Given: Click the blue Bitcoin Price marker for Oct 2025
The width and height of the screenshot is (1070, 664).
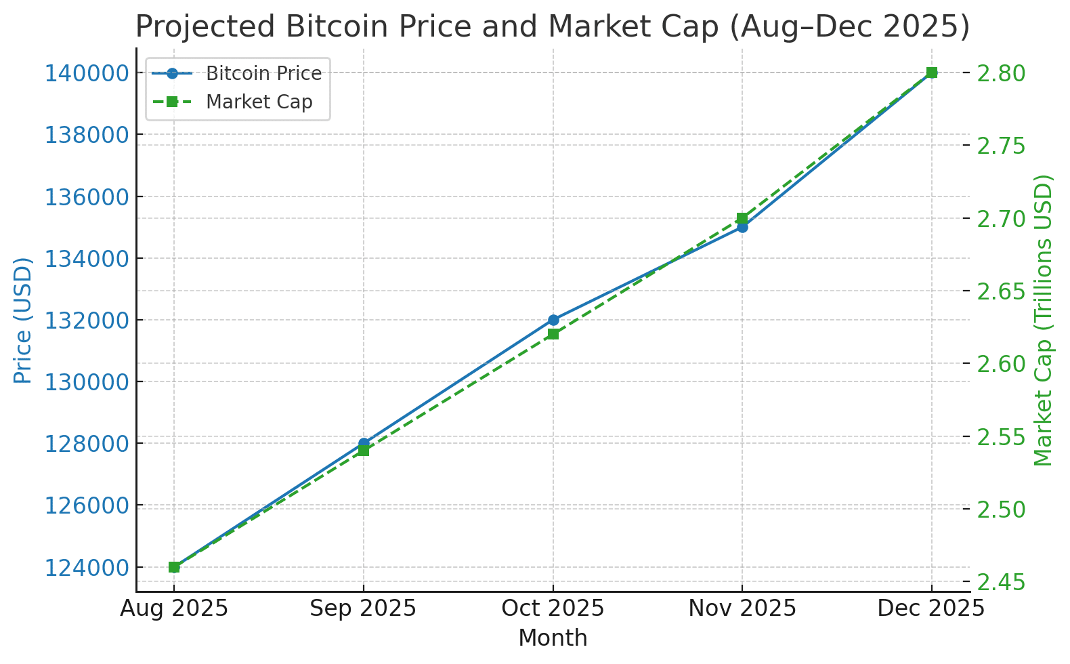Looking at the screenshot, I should [553, 320].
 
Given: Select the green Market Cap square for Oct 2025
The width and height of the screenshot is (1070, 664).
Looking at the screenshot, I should [553, 334].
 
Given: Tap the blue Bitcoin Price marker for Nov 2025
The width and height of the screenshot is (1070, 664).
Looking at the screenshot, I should [742, 227].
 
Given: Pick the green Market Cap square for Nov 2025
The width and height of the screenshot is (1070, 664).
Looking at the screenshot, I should [742, 218].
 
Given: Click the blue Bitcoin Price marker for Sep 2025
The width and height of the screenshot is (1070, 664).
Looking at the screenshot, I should [364, 443].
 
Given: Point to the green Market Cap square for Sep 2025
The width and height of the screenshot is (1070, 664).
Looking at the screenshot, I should [364, 451].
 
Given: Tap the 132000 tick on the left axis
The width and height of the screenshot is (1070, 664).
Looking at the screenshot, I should [87, 320].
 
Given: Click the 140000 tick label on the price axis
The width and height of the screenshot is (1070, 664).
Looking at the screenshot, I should [87, 72].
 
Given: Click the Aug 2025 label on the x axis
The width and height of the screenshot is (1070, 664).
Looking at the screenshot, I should [174, 608].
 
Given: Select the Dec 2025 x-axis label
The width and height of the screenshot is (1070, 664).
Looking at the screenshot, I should [931, 608].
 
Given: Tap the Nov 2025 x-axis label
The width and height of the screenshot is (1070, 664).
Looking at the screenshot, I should [742, 608].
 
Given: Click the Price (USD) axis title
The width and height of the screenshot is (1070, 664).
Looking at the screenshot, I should [23, 320].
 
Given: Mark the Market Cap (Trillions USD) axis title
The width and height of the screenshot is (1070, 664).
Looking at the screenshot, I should [1044, 320].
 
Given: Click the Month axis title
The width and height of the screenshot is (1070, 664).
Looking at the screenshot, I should [553, 638].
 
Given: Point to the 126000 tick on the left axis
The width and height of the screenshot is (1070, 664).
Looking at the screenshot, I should [87, 505].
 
